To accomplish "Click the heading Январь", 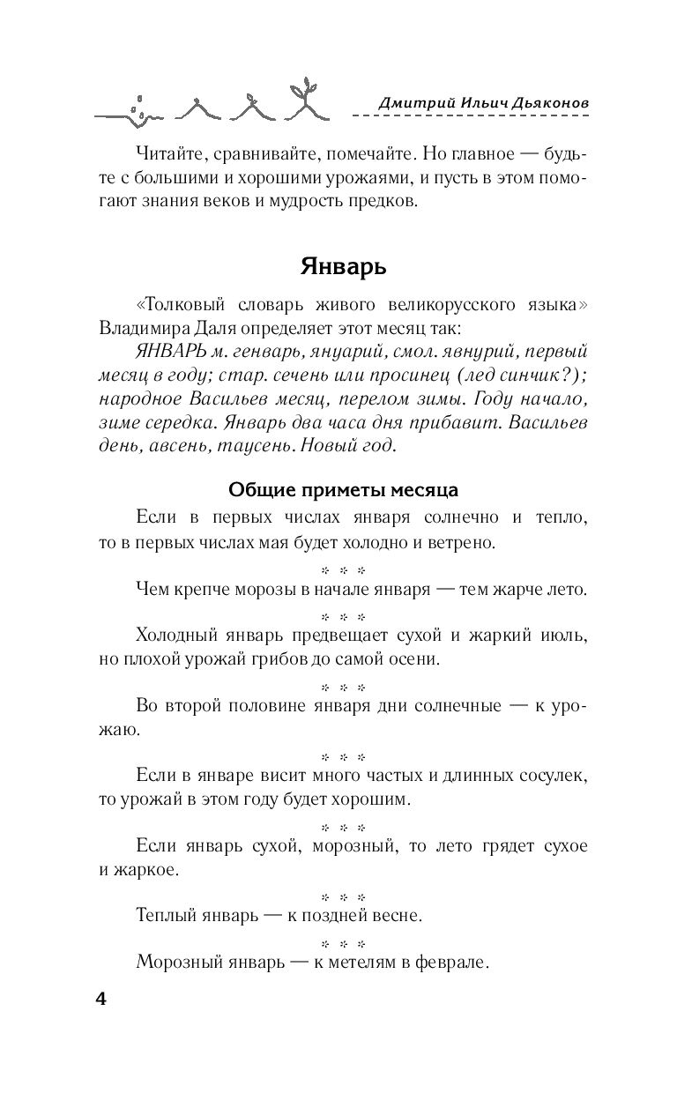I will (x=338, y=265).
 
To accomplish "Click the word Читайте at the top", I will (x=171, y=154).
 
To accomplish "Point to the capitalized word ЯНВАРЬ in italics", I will (x=174, y=351).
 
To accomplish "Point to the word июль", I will (x=564, y=635).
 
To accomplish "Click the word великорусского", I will (x=455, y=305).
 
